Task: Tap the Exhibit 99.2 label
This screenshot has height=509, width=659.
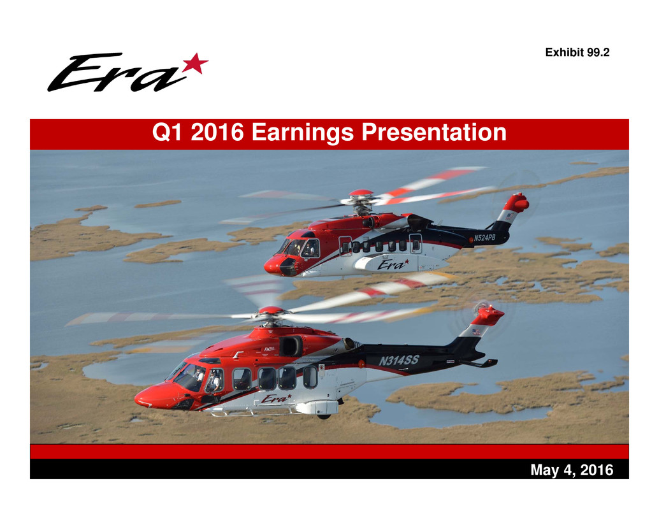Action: click(577, 52)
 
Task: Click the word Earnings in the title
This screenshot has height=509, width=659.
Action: click(302, 133)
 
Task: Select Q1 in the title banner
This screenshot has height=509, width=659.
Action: click(167, 133)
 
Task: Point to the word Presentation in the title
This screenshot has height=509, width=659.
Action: click(434, 132)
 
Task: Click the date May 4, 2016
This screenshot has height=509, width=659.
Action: click(572, 470)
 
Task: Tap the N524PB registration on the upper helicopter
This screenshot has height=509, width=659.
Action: click(484, 238)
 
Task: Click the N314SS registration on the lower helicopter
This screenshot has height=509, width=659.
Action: click(399, 361)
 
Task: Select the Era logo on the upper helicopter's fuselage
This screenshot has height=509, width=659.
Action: click(393, 264)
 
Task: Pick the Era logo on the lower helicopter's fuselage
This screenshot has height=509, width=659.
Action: click(276, 398)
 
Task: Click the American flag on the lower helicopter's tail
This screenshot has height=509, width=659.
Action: click(475, 332)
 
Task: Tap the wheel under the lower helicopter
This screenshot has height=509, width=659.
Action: click(324, 416)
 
